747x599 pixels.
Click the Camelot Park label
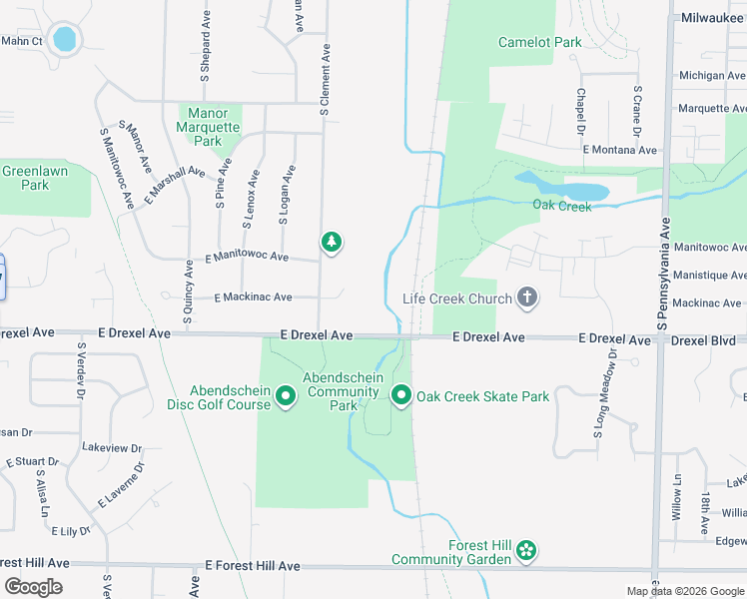pos(540,42)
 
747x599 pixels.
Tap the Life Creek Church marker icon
pos(527,298)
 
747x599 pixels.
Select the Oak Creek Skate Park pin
pos(401,396)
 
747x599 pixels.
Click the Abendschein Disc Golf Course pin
pos(286,397)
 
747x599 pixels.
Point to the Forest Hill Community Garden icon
pos(526,551)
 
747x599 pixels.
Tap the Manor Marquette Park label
pos(208,127)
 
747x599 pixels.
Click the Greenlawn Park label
pos(25,178)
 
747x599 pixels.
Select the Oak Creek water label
pos(561,206)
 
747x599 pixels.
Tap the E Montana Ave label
pos(621,150)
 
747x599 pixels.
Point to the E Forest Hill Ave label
pos(253,565)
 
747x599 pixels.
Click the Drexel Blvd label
pos(703,340)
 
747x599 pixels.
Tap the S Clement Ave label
pos(325,80)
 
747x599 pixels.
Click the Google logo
pos(33,587)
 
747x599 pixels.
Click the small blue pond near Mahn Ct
pos(64,39)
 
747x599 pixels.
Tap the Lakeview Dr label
pos(113,448)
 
